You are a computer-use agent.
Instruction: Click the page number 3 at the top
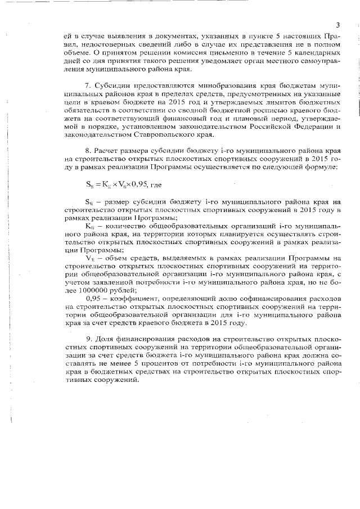click(337, 24)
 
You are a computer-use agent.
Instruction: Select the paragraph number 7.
click(88, 84)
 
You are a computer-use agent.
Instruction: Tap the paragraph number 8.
click(88, 151)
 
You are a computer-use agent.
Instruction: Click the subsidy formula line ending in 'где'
click(114, 183)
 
